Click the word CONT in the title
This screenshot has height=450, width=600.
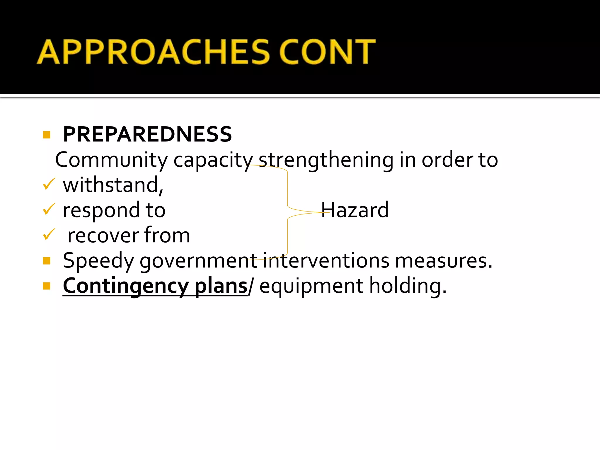pos(327,52)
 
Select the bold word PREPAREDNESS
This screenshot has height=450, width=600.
pos(147,134)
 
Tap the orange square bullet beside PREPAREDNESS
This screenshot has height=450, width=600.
pos(47,135)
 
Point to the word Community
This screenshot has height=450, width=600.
pos(111,160)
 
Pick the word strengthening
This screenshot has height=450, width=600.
pos(326,161)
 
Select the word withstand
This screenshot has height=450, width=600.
pos(113,185)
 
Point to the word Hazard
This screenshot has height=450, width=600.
pos(355,210)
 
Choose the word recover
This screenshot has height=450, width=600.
pos(103,236)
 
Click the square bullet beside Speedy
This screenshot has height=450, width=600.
pos(47,261)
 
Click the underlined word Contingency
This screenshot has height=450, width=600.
pos(126,286)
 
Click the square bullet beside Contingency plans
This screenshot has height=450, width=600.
pos(47,286)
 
